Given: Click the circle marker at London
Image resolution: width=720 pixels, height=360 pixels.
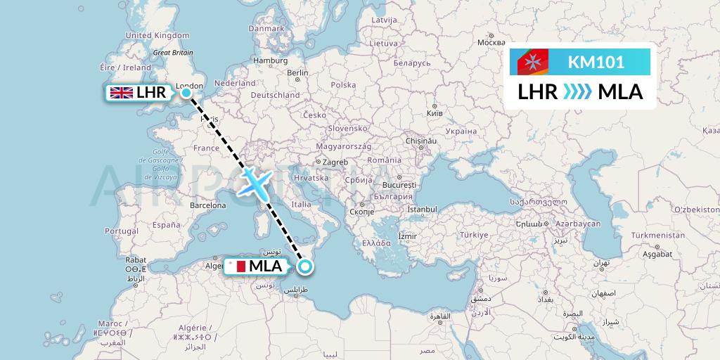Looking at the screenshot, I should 186,92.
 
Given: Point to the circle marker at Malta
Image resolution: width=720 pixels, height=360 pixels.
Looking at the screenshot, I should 305,266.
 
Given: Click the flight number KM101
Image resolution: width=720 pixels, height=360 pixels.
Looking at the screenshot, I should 596,63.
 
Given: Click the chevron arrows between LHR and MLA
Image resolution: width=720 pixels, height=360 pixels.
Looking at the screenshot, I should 578,91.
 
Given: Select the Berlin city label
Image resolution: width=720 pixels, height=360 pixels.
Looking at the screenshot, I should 298,73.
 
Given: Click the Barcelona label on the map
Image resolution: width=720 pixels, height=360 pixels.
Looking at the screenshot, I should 208,205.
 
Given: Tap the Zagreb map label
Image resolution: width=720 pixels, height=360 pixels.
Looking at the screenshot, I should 335,162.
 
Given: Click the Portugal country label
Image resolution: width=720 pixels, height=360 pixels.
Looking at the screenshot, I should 123,231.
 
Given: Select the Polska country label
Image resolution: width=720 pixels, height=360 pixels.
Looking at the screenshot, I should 344,85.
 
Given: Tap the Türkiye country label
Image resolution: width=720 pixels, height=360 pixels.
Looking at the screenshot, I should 473,234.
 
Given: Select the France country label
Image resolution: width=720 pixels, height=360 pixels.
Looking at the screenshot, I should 207,148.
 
